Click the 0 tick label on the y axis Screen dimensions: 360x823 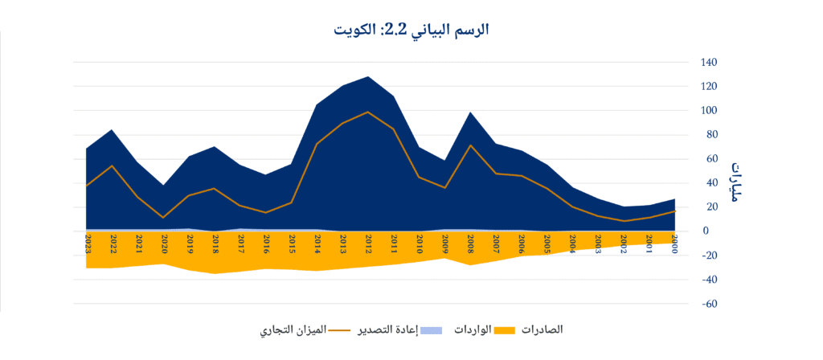point(706,231)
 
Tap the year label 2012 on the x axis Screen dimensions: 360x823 point(367,243)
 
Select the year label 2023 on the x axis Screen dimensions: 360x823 point(87,243)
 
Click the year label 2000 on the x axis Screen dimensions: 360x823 point(674,243)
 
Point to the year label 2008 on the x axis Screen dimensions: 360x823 point(469,243)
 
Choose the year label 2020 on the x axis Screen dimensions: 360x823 point(163,243)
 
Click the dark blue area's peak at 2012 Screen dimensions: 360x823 point(367,77)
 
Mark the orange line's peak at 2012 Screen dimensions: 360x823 point(367,112)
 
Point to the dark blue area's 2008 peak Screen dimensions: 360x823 point(469,113)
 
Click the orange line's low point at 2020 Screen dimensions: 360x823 point(163,217)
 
